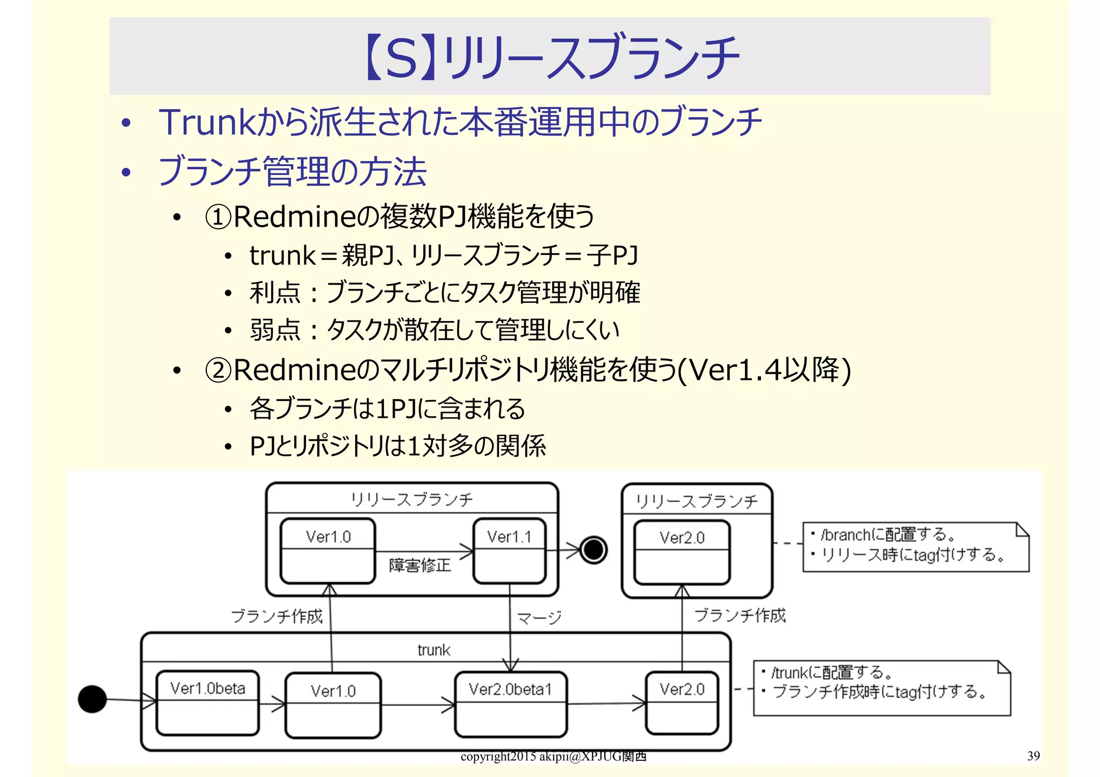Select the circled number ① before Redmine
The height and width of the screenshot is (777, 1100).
218,217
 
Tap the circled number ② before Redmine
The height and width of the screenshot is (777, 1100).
218,371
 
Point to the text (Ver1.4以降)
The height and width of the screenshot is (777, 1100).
763,371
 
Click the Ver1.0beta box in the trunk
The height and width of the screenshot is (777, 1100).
207,702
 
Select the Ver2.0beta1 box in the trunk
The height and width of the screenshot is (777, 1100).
510,704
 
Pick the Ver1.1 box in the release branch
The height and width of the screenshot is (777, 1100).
509,550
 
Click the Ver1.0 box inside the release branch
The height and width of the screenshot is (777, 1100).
328,550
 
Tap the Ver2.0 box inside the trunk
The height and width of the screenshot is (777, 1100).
682,702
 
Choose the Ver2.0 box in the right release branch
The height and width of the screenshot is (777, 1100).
682,552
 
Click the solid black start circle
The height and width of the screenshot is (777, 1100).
92,699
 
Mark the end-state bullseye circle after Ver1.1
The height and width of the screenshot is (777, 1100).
594,550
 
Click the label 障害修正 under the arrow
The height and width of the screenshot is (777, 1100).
419,565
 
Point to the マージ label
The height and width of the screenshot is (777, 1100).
539,618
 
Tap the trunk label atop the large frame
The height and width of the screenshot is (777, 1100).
433,650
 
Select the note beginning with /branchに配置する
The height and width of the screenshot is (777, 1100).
915,546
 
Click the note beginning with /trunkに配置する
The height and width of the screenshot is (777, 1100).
881,688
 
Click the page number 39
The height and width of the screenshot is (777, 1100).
1033,756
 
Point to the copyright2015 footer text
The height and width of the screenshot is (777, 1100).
553,757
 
